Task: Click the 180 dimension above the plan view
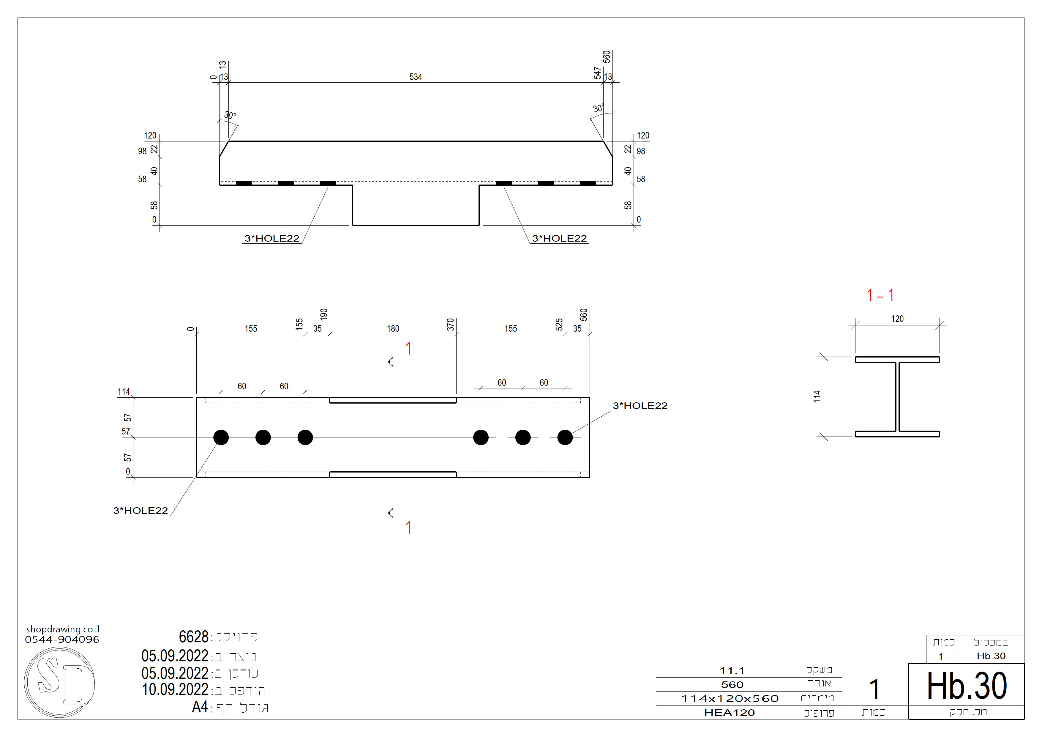393,329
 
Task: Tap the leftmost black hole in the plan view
221,437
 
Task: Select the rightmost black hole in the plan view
565,437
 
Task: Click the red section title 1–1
880,296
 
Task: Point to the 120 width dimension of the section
897,319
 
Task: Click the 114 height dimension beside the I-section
817,396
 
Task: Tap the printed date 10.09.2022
175,690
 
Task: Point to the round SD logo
59,682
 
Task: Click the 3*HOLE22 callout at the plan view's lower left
140,511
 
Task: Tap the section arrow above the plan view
401,361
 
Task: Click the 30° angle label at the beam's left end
230,115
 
